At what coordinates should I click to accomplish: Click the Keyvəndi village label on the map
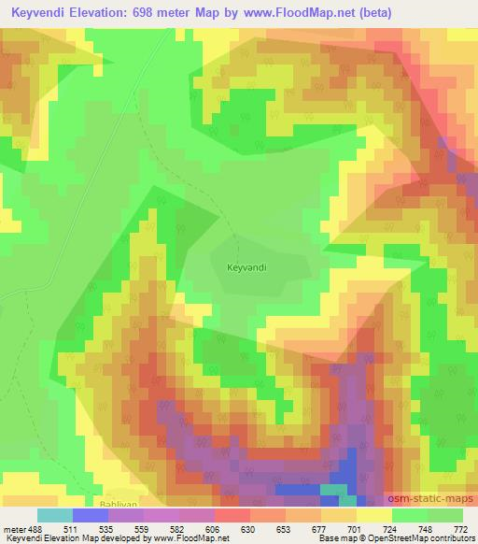pyautogui.click(x=246, y=267)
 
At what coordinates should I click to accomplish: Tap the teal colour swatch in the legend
pyautogui.click(x=55, y=515)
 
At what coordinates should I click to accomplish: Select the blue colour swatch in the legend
pyautogui.click(x=91, y=515)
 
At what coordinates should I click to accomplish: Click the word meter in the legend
pyautogui.click(x=17, y=529)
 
